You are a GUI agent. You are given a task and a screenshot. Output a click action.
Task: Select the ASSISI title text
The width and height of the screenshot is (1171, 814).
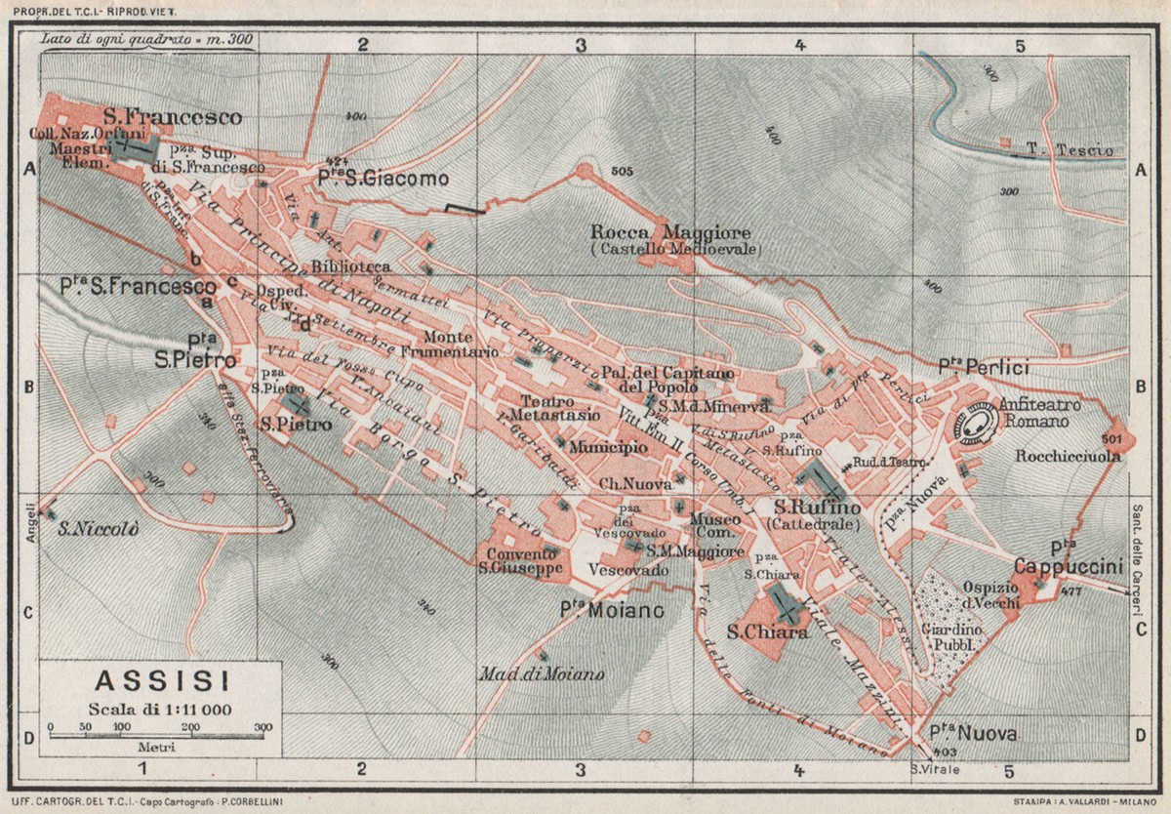pos(159,680)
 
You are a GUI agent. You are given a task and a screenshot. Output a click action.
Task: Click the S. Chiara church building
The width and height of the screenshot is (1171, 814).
pos(785,605)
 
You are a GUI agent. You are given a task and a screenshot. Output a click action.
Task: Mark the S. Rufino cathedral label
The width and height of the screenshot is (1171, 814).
pos(817,508)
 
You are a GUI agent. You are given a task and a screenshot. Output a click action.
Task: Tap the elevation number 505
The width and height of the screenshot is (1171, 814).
pos(622,171)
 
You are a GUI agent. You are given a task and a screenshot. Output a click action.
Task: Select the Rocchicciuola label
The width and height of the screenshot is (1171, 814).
pos(1068,456)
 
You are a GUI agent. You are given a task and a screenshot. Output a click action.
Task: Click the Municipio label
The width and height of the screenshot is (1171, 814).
pos(608,447)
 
